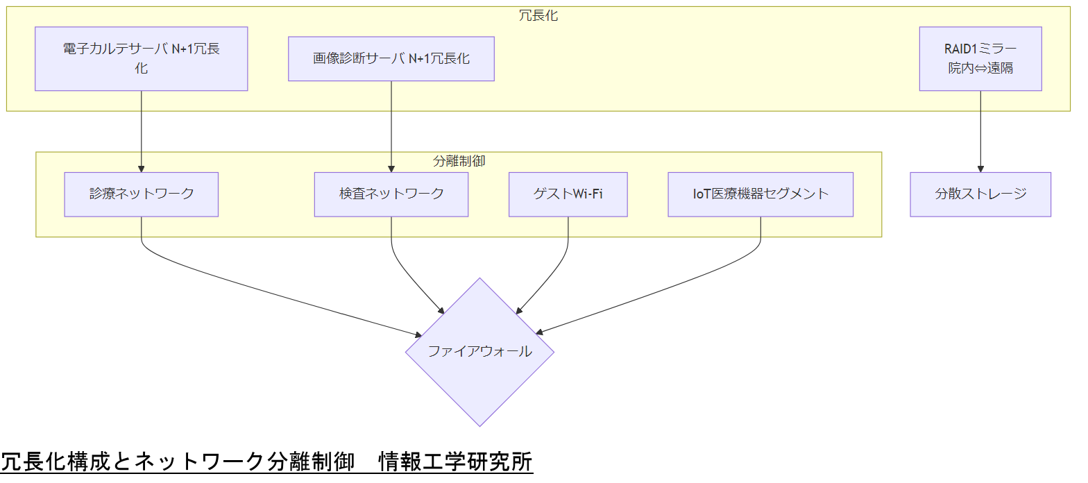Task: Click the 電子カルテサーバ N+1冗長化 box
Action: point(141,59)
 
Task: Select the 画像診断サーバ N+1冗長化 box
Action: point(391,59)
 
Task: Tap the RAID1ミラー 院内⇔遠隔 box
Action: point(980,59)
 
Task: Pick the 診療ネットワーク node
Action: point(141,194)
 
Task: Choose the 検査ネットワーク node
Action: point(391,194)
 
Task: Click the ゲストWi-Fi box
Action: point(568,194)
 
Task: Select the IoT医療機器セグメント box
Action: point(760,194)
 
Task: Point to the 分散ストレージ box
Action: point(980,194)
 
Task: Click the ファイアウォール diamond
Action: point(479,352)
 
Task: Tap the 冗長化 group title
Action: point(538,16)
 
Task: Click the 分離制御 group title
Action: point(459,161)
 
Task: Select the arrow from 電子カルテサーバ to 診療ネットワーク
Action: point(141,132)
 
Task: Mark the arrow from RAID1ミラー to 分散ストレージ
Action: point(980,132)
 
